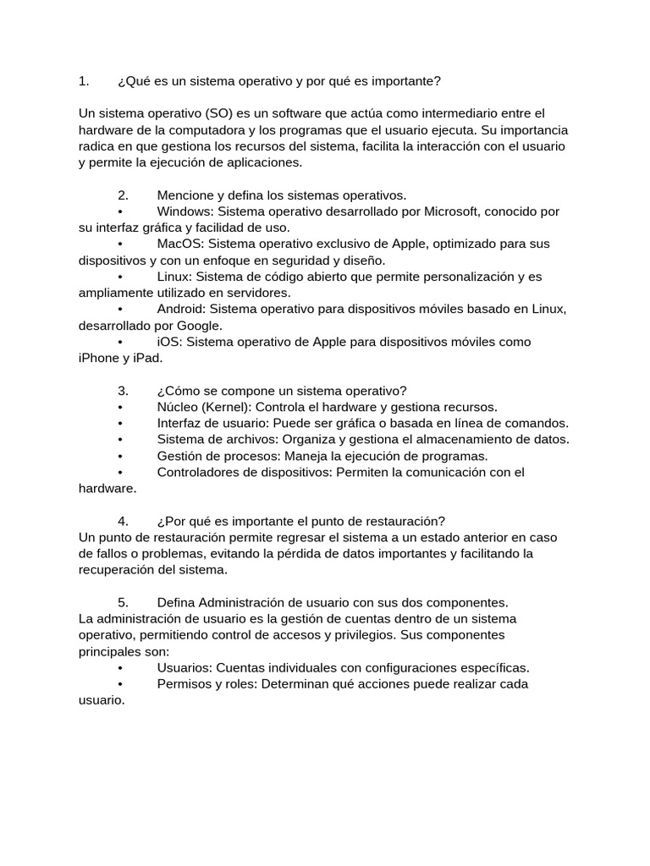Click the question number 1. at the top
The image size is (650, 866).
click(83, 81)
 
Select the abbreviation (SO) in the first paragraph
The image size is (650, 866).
click(219, 113)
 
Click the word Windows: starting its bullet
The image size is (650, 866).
click(185, 211)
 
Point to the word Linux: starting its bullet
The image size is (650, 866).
click(175, 277)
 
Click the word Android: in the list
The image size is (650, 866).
click(183, 309)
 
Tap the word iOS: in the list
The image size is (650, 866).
click(171, 342)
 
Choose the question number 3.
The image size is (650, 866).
click(123, 391)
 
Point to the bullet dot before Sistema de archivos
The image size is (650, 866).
click(122, 440)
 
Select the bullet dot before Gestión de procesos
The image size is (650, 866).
click(122, 456)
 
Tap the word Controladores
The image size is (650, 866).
click(197, 472)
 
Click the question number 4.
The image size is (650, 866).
click(123, 521)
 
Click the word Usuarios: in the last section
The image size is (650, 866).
click(185, 668)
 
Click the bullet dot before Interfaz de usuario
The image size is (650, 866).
click(122, 424)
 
